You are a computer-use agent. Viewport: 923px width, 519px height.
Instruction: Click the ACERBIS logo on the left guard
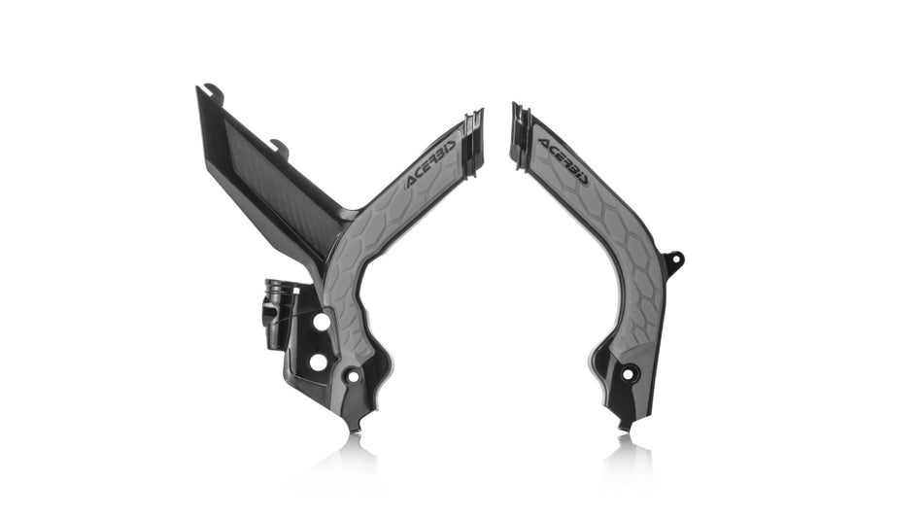(430, 164)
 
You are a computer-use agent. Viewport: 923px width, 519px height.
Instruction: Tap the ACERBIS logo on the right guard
(563, 160)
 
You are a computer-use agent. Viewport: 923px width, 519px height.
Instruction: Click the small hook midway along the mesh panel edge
(281, 146)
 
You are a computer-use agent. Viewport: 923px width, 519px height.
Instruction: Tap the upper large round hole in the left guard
(322, 323)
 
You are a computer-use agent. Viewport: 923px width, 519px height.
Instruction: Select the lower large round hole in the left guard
(319, 363)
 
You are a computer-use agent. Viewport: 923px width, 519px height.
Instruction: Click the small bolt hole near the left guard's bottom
(354, 376)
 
